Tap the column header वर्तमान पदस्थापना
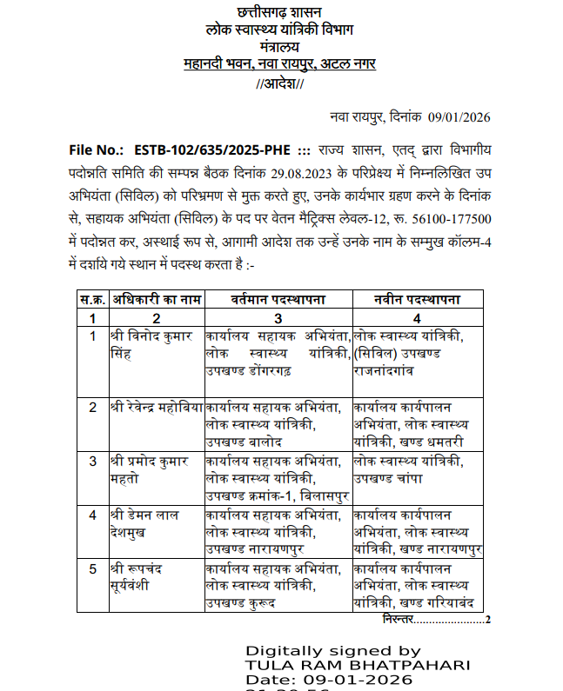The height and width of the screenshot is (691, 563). [x=278, y=301]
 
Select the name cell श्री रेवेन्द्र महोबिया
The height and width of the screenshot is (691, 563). [x=157, y=407]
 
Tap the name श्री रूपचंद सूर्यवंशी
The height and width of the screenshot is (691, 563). [x=144, y=576]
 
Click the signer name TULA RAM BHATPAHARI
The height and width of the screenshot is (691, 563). [x=358, y=665]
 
